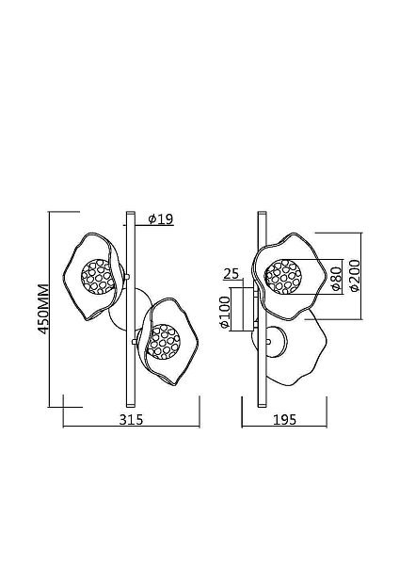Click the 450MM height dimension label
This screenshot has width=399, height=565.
43,309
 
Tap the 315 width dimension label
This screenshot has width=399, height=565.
132,419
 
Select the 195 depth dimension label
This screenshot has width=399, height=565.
284,419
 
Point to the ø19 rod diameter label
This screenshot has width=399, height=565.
161,219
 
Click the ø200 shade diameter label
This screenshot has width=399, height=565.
355,275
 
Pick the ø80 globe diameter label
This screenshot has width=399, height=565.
336,279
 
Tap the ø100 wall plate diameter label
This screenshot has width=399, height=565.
224,312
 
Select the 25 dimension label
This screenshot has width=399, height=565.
231,274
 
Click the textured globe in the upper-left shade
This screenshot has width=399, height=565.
98,276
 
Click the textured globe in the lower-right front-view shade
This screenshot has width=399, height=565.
163,342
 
